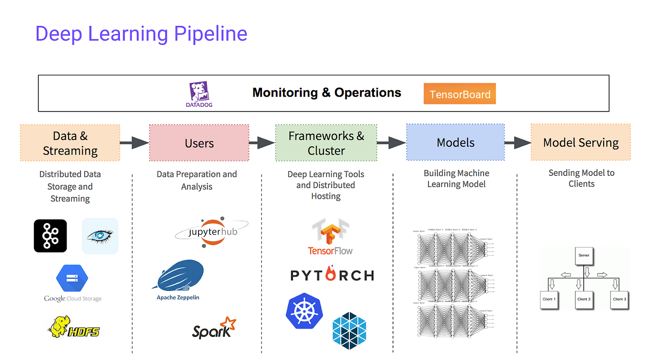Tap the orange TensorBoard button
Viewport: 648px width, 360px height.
pos(460,94)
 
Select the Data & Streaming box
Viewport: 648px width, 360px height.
pos(70,143)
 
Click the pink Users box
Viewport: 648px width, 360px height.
pos(199,143)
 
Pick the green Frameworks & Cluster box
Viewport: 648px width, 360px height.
pos(326,143)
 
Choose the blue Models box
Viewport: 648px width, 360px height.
pos(455,143)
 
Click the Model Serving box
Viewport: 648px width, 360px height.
pos(580,143)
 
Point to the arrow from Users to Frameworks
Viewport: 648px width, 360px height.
pos(262,143)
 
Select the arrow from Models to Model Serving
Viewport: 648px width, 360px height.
pos(517,143)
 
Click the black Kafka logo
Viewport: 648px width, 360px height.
pos(50,236)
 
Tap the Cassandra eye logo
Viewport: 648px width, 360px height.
pos(100,236)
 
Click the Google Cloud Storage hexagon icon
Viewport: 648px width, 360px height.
pos(72,278)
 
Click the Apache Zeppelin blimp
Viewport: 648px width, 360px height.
pos(180,275)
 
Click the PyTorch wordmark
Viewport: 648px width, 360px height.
pos(332,275)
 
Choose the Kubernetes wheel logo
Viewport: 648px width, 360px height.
pos(305,310)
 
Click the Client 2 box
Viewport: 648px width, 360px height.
pos(584,300)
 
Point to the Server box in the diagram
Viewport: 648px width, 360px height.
pos(584,256)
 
